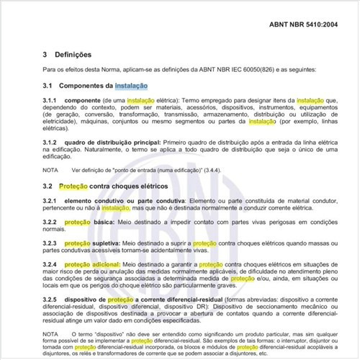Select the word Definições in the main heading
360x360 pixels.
74,54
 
